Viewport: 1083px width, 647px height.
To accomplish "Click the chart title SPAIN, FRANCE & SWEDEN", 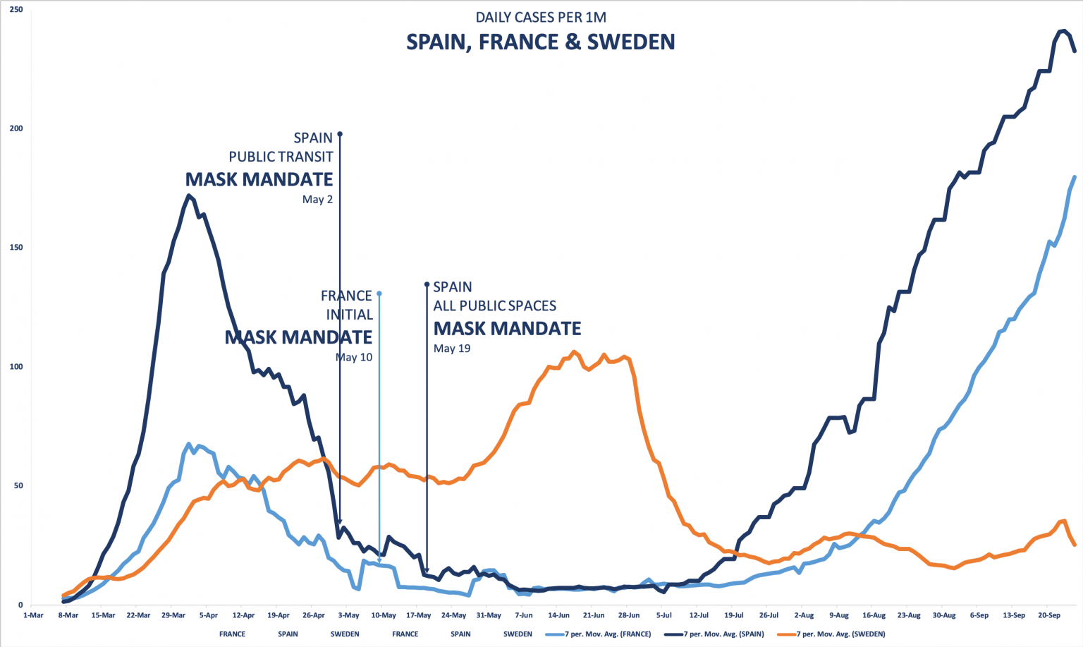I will click(x=540, y=42).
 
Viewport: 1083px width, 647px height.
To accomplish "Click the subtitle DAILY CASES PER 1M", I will click(x=541, y=18).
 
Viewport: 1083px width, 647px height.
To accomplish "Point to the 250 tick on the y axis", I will click(x=16, y=9).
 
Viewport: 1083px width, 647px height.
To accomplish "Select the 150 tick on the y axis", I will click(x=16, y=248).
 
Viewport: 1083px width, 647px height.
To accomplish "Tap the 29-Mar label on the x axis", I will click(x=173, y=615).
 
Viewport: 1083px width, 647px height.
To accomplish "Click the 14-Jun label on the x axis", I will click(x=558, y=615).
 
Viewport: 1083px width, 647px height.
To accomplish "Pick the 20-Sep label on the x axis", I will click(x=1048, y=615).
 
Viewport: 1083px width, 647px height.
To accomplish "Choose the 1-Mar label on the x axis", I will click(x=33, y=615).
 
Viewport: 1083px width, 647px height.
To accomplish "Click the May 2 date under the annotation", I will click(x=317, y=200).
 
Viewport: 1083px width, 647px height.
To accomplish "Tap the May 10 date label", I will click(x=354, y=358).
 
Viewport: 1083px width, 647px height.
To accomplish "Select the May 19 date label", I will click(x=452, y=349).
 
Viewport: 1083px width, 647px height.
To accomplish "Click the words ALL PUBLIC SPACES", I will click(x=494, y=306).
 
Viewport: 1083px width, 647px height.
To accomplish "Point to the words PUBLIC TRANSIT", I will click(x=281, y=157).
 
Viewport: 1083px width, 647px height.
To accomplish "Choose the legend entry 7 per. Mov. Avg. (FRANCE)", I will click(x=607, y=634).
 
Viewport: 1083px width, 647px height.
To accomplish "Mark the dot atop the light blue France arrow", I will click(x=379, y=294).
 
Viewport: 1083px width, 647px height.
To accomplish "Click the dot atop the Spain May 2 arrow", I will click(x=340, y=134).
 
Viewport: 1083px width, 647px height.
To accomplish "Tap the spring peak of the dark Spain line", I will click(x=188, y=195).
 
